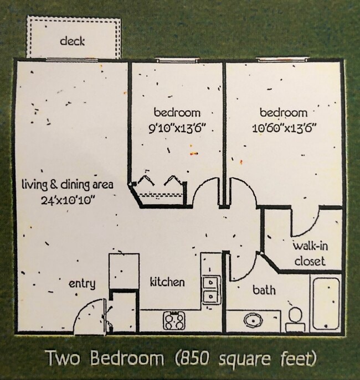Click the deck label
(73, 41)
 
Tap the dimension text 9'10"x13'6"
(177, 128)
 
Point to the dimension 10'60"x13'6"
(285, 128)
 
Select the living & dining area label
(68, 185)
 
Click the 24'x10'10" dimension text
(68, 200)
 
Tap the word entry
(82, 284)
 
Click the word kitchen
(167, 282)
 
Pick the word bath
(264, 290)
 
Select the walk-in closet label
(310, 254)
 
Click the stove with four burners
(174, 321)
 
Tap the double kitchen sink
(212, 290)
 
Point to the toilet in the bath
(295, 319)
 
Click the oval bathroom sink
(254, 320)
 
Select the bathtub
(326, 304)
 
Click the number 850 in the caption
(193, 358)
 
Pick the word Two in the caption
(63, 358)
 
